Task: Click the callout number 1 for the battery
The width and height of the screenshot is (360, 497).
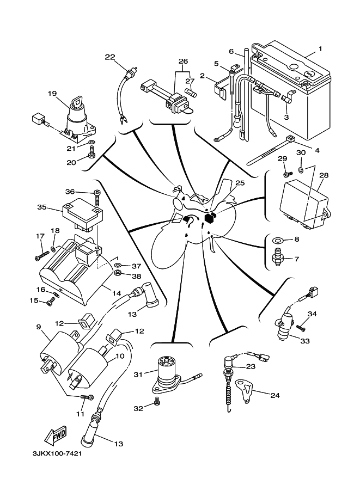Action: point(320,49)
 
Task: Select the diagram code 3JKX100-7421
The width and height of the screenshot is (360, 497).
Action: point(57,455)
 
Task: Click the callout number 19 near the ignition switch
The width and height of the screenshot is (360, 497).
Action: point(52,93)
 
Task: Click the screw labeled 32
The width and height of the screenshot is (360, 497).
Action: point(157,403)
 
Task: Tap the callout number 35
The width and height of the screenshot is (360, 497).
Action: point(41,207)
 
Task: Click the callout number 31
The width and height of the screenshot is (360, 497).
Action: point(137,374)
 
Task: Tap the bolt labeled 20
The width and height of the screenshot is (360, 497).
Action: point(91,156)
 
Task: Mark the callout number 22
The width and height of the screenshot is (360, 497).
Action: point(110,57)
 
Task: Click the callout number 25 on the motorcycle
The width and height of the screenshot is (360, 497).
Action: point(240,183)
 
